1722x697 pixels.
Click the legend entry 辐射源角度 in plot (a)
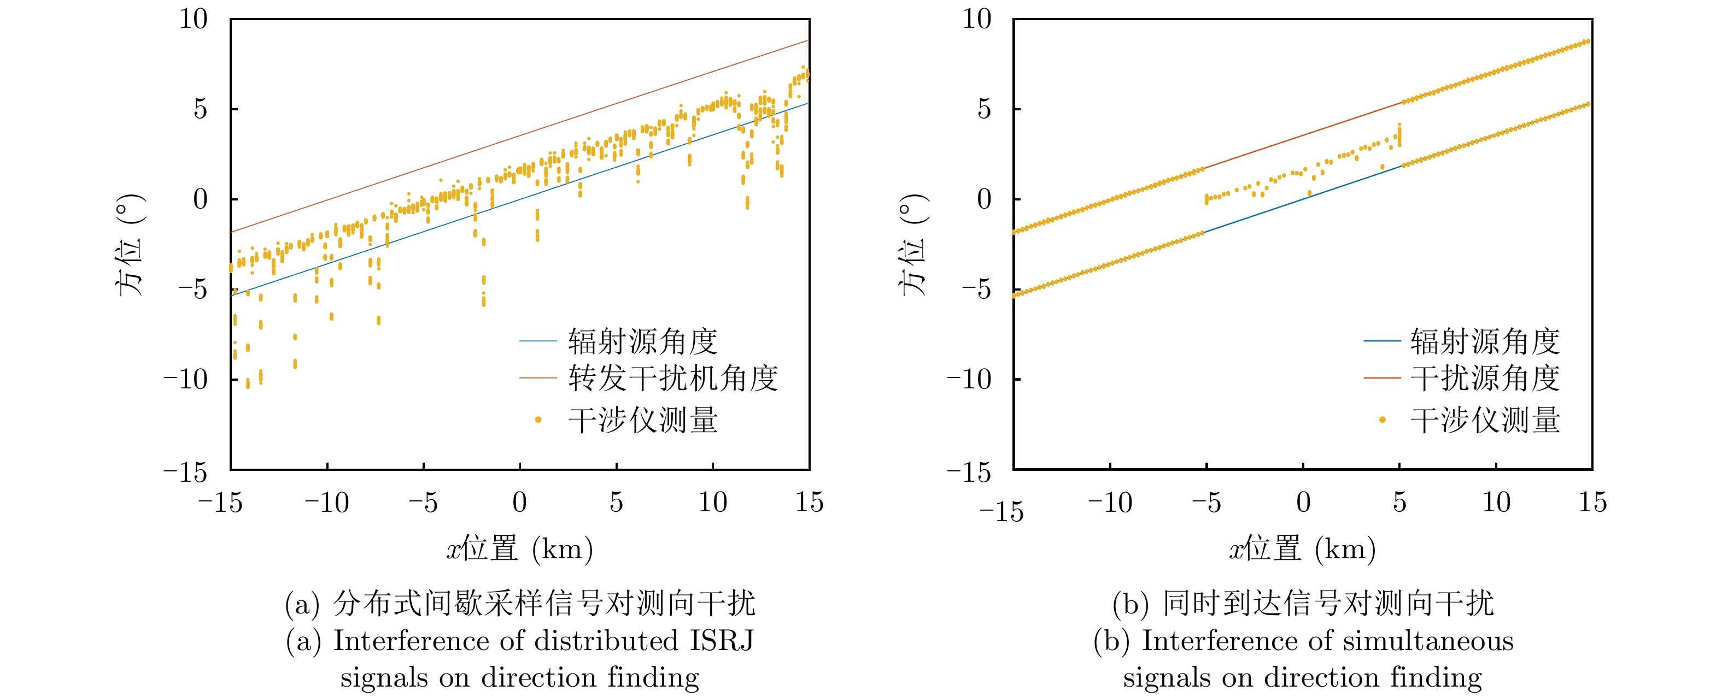tap(642, 341)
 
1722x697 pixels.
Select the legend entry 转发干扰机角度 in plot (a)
tap(672, 378)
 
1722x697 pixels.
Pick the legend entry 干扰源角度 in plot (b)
tap(1485, 378)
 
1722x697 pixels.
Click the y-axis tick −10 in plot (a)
tap(186, 380)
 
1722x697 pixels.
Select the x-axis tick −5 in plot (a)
tap(423, 503)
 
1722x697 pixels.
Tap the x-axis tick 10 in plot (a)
tap(713, 503)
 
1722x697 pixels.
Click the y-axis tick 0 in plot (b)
tap(984, 199)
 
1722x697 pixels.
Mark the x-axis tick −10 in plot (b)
tap(1110, 503)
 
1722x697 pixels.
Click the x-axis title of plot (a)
tap(519, 550)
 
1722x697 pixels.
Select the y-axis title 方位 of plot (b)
tap(913, 246)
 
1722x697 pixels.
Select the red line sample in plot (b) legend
tap(1382, 378)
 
